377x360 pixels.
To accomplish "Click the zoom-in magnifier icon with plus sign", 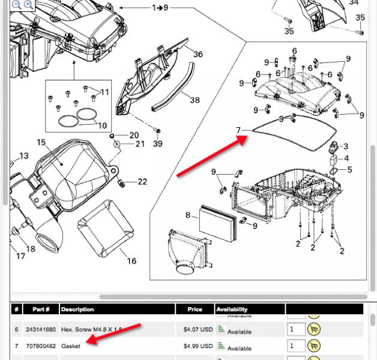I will (28, 4).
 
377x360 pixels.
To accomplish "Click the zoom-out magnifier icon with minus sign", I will (16, 4).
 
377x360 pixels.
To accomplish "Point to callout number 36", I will (198, 55).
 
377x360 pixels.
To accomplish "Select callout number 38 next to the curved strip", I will (195, 100).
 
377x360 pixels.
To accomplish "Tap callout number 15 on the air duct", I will (41, 142).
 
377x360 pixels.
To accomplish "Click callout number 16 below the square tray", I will (131, 261).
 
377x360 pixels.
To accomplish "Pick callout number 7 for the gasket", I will (238, 130).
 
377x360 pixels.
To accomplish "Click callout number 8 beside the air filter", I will (188, 215).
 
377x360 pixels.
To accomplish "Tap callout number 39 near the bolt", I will (157, 143).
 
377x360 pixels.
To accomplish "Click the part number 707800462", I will (41, 346).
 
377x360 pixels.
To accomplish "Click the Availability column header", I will (232, 310).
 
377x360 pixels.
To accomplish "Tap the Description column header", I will (77, 310).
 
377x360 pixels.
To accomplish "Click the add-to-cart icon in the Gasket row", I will (313, 346).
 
